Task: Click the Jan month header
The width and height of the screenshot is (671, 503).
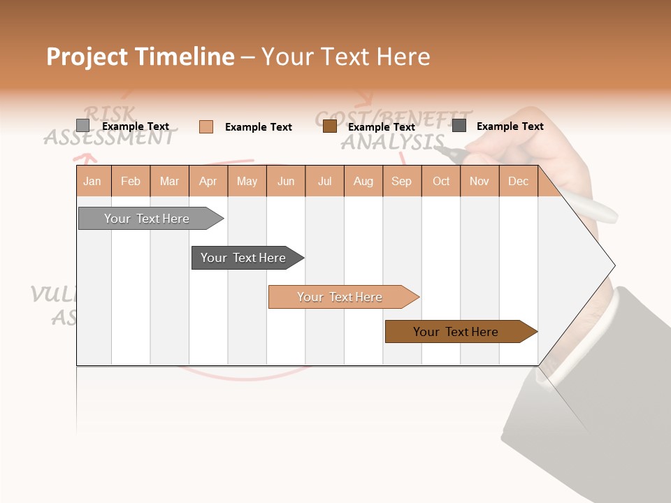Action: [x=92, y=181]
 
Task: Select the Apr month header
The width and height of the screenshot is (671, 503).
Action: [x=208, y=181]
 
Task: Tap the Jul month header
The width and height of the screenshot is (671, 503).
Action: [x=324, y=181]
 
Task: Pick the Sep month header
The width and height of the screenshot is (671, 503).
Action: [x=401, y=181]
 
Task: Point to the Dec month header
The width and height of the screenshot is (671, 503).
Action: [x=518, y=181]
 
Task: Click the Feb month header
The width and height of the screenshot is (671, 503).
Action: [x=131, y=181]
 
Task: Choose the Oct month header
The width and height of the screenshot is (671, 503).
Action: [x=441, y=181]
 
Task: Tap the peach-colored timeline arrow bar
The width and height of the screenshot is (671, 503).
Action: [x=340, y=297]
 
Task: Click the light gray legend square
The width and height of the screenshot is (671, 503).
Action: [x=83, y=126]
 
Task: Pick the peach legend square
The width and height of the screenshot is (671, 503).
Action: [x=206, y=126]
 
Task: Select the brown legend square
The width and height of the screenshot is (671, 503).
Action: [x=330, y=126]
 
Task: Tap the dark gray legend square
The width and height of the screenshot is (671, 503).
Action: [x=459, y=126]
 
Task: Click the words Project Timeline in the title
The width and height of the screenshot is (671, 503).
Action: [x=140, y=57]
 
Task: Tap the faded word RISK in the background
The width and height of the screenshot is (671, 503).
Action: [x=110, y=113]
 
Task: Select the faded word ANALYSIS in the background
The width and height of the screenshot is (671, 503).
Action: [x=391, y=142]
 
